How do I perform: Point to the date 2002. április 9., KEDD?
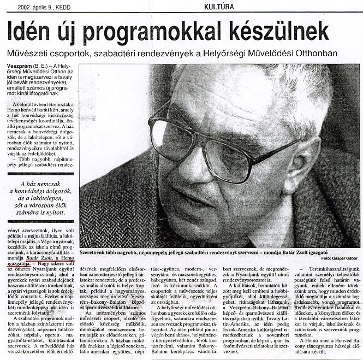point(37,7)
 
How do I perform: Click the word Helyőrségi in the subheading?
point(242,54)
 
